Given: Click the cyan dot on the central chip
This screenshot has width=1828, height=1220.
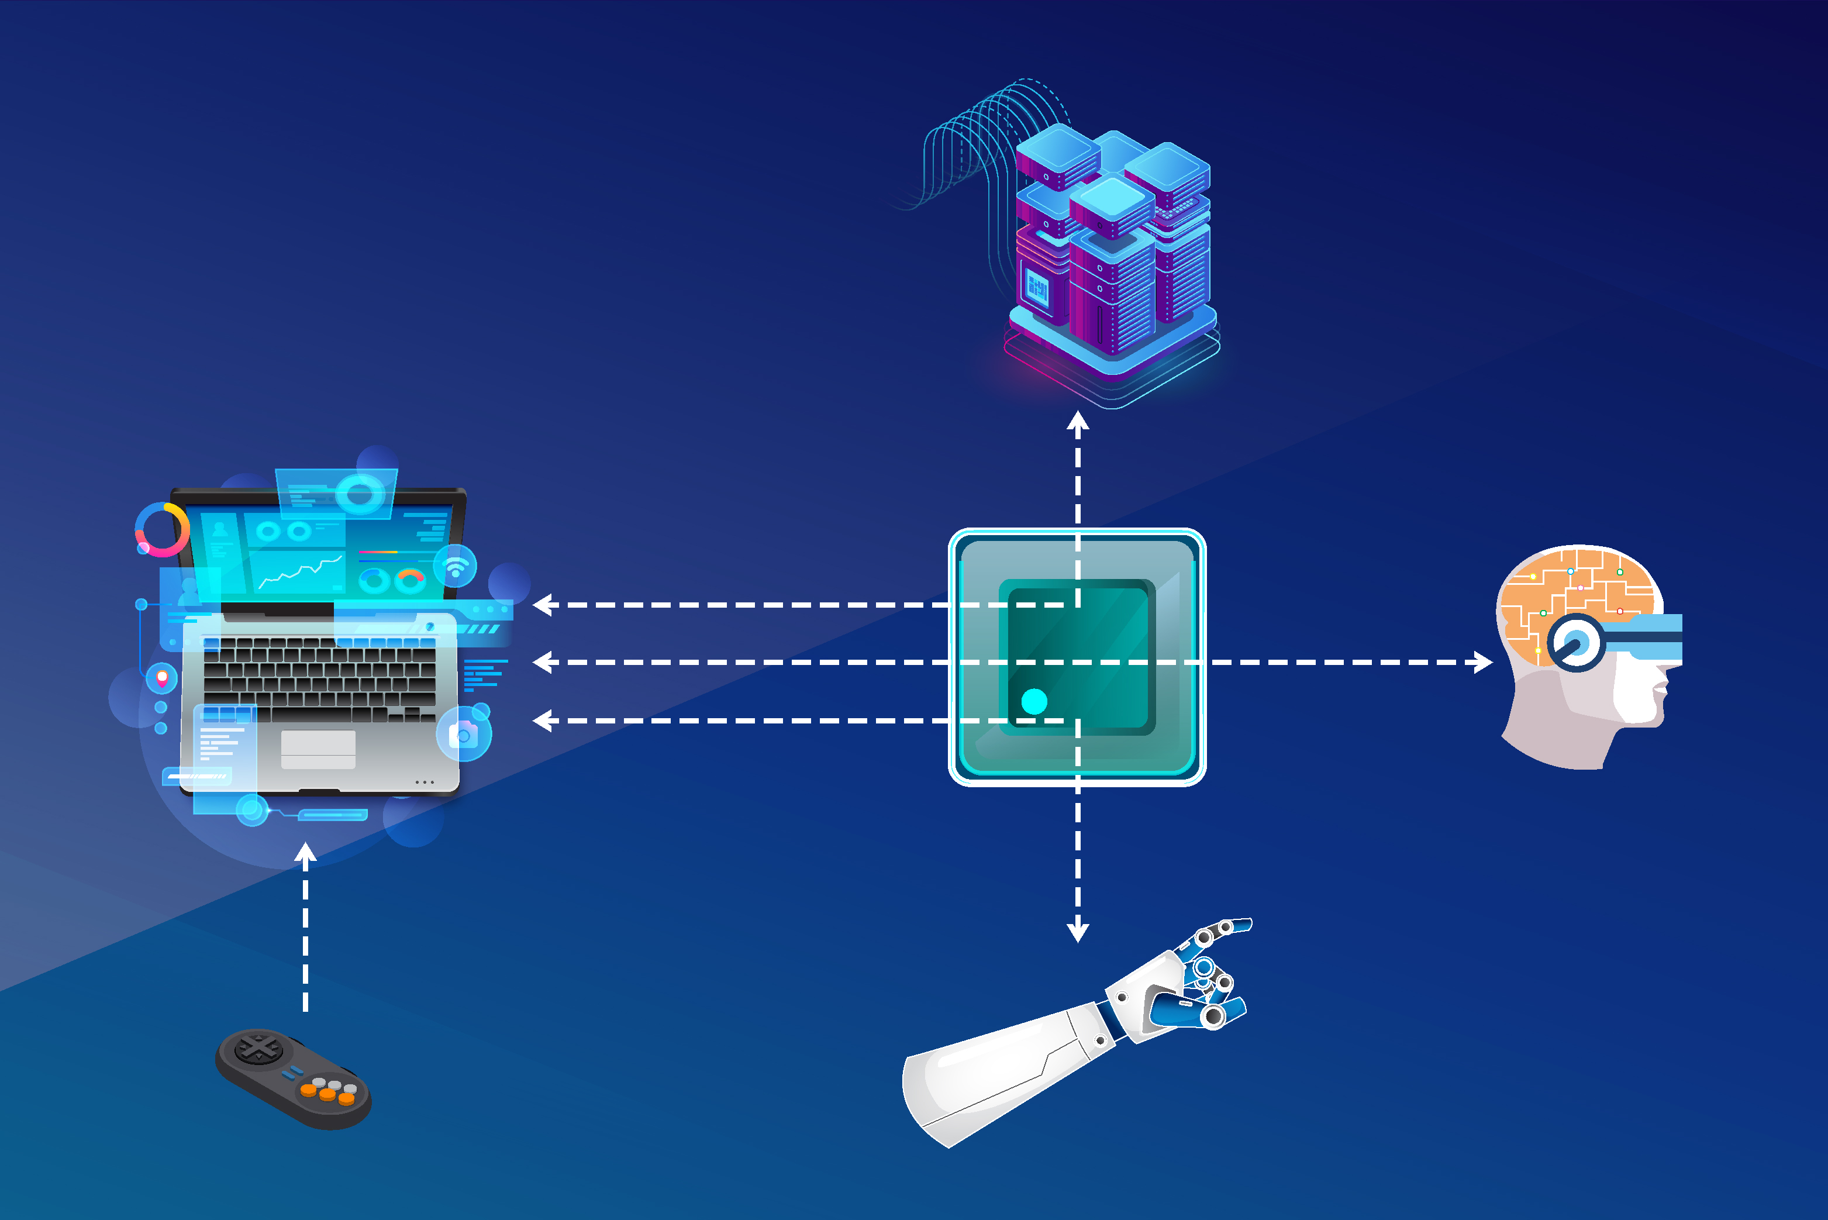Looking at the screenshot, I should (x=1034, y=701).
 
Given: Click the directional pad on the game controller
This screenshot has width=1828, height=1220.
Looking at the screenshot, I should (x=258, y=1048).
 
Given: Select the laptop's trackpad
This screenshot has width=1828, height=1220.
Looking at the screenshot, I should (x=318, y=749).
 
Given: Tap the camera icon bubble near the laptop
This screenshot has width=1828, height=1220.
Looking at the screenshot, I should (x=464, y=734).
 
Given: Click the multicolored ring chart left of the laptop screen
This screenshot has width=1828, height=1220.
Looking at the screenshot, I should (x=162, y=529).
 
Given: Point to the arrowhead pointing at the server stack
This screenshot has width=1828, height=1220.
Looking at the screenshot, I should (x=1077, y=421).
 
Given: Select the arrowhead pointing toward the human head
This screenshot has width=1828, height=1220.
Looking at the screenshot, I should (x=1482, y=662).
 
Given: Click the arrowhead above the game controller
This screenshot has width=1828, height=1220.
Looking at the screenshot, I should (x=306, y=853).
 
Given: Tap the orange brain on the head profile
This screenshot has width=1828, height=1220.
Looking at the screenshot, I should (x=1579, y=591).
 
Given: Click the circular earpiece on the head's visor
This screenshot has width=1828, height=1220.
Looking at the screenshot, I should (x=1575, y=643).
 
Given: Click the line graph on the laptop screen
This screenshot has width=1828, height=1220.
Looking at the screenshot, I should (x=299, y=571).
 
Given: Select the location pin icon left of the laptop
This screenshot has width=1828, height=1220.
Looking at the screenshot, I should (x=162, y=678).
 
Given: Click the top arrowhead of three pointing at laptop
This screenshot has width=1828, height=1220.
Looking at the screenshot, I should (x=543, y=605).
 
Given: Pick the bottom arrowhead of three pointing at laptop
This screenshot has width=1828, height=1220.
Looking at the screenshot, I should (x=543, y=721).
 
